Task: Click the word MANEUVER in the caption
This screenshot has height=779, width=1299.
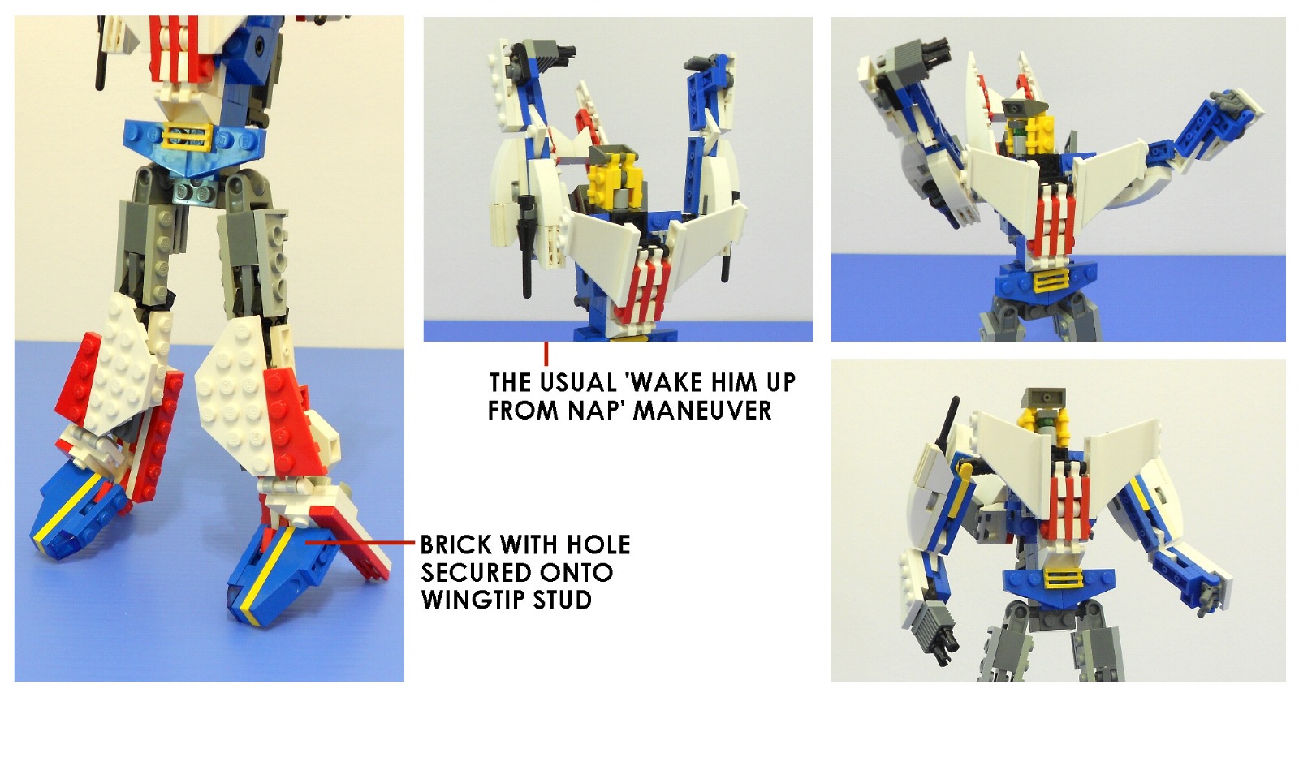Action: click(x=701, y=411)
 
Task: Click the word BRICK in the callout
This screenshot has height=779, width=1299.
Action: click(x=455, y=544)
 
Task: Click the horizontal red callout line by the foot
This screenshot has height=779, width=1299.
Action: click(x=360, y=543)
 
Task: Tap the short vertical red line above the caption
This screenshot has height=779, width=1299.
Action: click(x=546, y=354)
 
